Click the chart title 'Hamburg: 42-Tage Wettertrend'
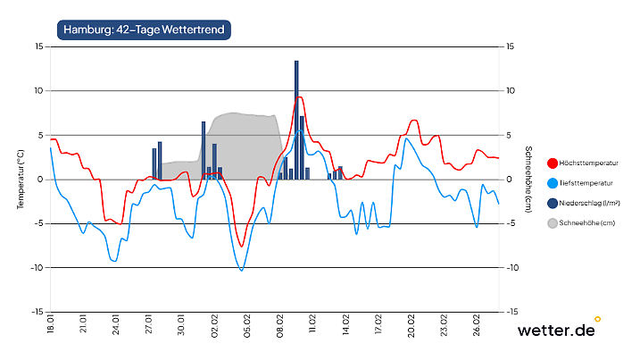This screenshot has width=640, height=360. click(145, 29)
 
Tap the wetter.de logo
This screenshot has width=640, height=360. click(556, 330)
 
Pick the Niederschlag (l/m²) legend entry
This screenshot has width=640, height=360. click(588, 203)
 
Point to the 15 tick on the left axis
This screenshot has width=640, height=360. click(38, 46)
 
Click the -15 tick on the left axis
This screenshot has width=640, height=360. click(37, 312)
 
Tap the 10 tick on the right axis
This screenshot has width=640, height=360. click(511, 90)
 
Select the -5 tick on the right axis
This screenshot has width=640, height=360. click(511, 223)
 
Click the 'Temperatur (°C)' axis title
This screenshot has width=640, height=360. click(19, 179)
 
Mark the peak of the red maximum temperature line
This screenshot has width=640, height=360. click(299, 96)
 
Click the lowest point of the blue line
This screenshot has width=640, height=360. click(241, 270)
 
